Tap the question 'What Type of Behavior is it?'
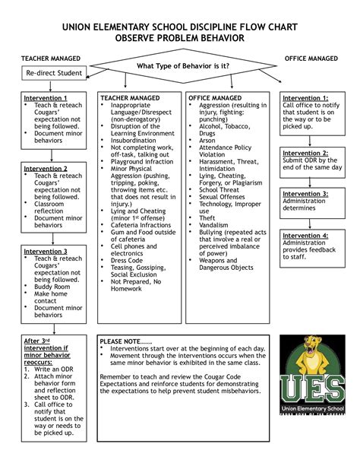pos(182,65)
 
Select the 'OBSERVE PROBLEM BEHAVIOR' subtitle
pos(179,37)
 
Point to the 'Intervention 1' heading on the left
pos(45,98)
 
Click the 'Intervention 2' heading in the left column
pos(45,168)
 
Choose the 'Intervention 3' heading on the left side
pos(45,251)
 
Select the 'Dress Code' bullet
pos(127,260)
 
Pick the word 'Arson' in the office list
pos(208,140)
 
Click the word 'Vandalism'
pos(215,225)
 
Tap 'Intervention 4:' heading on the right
pos(305,236)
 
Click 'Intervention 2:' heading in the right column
pos(305,153)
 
